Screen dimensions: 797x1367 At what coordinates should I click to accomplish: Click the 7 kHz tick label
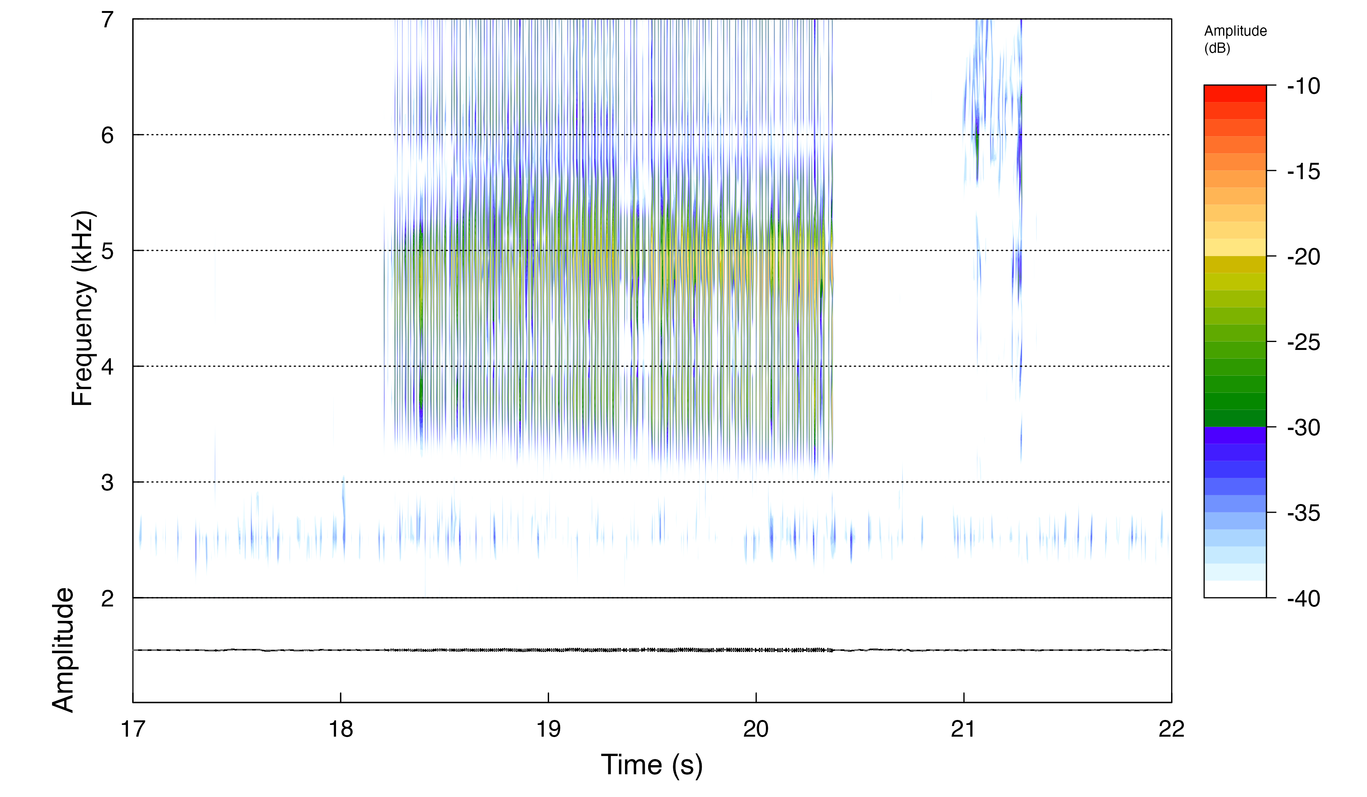pos(107,20)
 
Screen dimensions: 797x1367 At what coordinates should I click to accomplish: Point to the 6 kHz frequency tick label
pos(107,135)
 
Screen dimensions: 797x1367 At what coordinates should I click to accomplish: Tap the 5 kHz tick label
pos(107,252)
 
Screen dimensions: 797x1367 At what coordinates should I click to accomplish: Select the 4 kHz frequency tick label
pos(107,367)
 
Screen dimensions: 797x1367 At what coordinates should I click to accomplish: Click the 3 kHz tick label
pos(107,482)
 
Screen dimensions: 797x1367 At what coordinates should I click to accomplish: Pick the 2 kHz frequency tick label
pos(107,599)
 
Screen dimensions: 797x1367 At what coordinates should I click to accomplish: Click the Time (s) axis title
pos(652,765)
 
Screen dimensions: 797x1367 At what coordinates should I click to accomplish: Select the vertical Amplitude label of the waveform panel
pos(63,649)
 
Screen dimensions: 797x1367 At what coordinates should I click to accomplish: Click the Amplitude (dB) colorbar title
pos(1235,39)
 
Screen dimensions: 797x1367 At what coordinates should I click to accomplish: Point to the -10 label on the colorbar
pos(1304,86)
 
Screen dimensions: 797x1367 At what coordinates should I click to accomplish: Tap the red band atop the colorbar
pos(1234,93)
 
